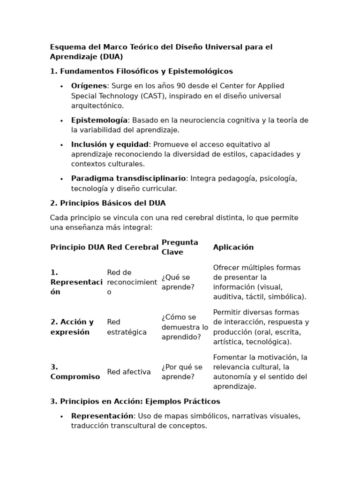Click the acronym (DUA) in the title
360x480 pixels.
pyautogui.click(x=111, y=57)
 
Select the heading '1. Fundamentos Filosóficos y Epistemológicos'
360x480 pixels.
pyautogui.click(x=141, y=71)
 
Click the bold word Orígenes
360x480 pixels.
pyautogui.click(x=89, y=86)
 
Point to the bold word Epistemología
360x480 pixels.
pyautogui.click(x=99, y=120)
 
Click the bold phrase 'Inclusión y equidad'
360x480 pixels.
pyautogui.click(x=110, y=144)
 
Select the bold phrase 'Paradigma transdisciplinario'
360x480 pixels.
pyautogui.click(x=128, y=179)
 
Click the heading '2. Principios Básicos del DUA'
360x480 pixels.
pyautogui.click(x=108, y=203)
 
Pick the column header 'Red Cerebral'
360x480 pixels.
pyautogui.click(x=133, y=247)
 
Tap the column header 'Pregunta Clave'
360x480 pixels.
pyautogui.click(x=180, y=247)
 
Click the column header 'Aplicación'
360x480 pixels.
pyautogui.click(x=233, y=247)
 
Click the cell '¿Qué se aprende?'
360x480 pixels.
pyautogui.click(x=179, y=282)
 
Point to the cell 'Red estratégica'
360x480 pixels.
pyautogui.click(x=127, y=327)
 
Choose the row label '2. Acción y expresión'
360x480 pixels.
pyautogui.click(x=72, y=327)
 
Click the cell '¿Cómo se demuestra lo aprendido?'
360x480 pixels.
pyautogui.click(x=185, y=327)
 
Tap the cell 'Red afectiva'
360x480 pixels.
pyautogui.click(x=129, y=372)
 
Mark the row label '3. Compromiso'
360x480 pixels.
pyautogui.click(x=75, y=372)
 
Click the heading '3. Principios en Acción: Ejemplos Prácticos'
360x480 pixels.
pyautogui.click(x=135, y=401)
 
